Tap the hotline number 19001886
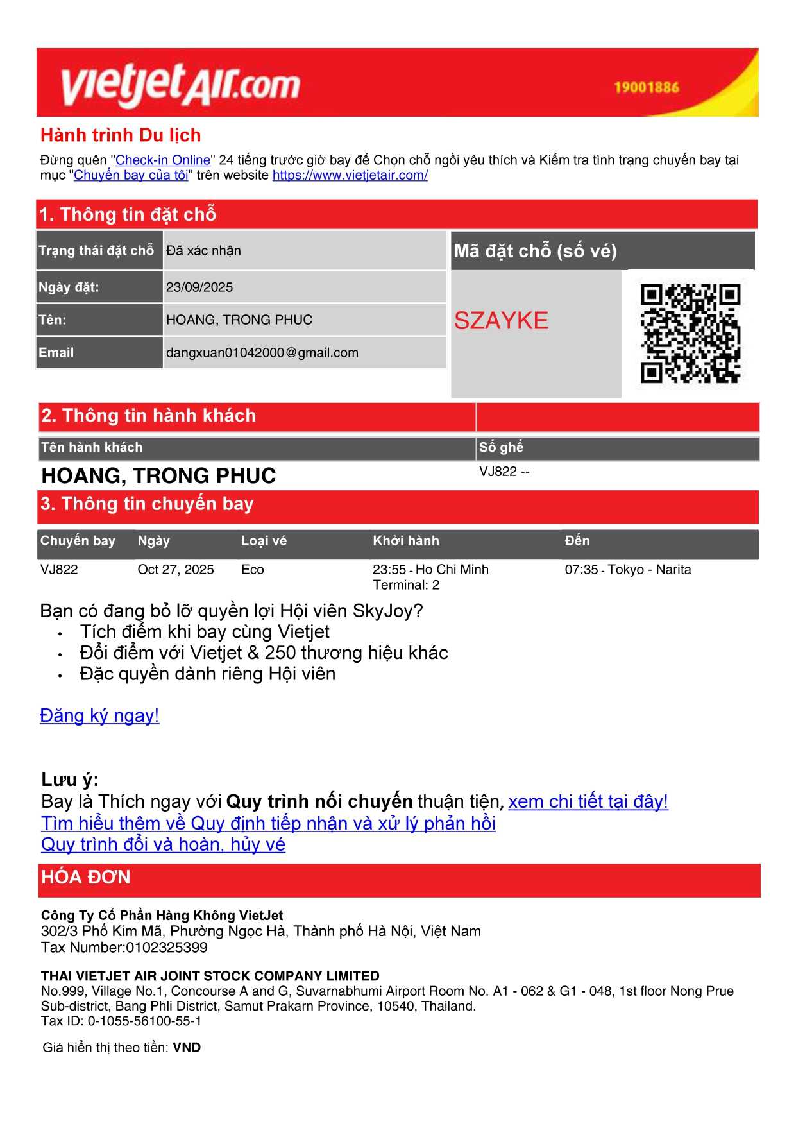point(646,87)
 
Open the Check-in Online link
point(163,160)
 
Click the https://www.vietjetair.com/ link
point(350,175)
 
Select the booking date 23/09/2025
point(199,287)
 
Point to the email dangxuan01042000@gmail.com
point(262,353)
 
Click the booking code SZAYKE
point(501,320)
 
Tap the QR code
point(690,334)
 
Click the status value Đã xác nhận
point(203,251)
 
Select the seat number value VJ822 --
point(504,472)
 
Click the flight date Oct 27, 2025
point(176,570)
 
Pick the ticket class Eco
point(252,570)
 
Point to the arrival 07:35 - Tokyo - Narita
point(627,570)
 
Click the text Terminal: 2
point(406,585)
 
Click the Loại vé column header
point(264,541)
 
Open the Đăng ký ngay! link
point(99,715)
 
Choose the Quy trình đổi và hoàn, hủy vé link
point(163,844)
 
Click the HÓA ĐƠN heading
point(86,877)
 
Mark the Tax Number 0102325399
point(167,948)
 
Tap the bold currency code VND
point(187,1048)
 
